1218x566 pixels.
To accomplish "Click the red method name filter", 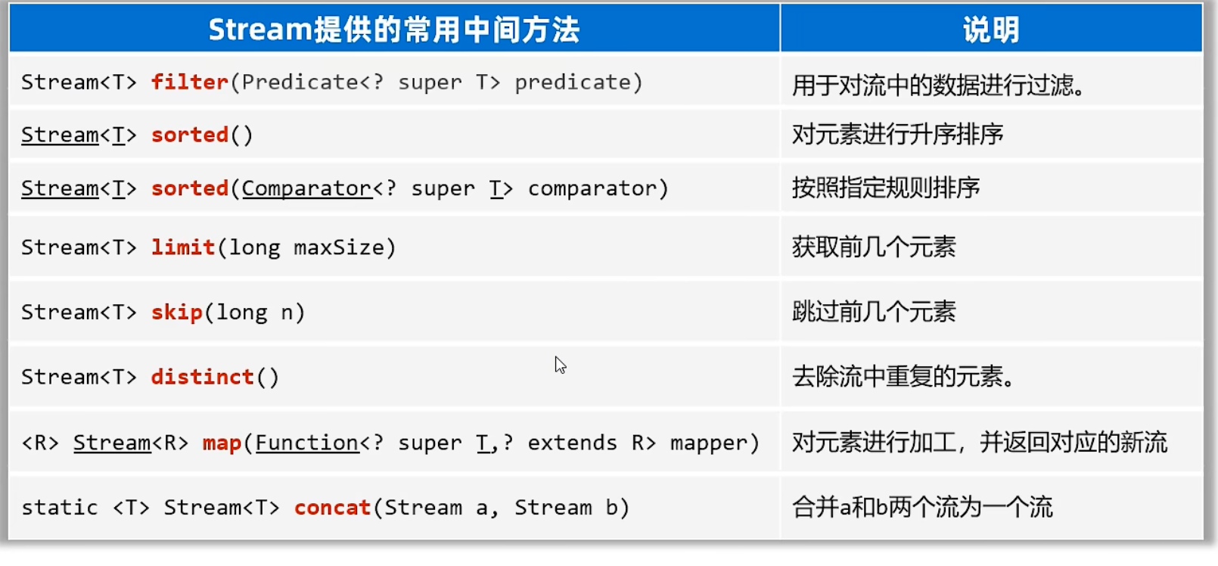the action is pyautogui.click(x=190, y=82).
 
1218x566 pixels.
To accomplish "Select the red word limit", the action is pyautogui.click(x=183, y=247).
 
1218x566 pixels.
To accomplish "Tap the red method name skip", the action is pyautogui.click(x=177, y=313).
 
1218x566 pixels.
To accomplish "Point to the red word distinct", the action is pyautogui.click(x=202, y=377).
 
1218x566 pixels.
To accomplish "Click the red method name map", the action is pyautogui.click(x=222, y=443).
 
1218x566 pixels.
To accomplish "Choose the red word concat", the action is pyautogui.click(x=333, y=508).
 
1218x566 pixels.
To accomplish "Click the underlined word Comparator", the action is pyautogui.click(x=307, y=188).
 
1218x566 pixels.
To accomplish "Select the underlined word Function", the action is pyautogui.click(x=307, y=443).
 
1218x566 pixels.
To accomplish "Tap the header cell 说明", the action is pyautogui.click(x=991, y=30).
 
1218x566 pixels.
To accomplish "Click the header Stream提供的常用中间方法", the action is pyautogui.click(x=394, y=30).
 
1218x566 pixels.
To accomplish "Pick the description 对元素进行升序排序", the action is pyautogui.click(x=898, y=134).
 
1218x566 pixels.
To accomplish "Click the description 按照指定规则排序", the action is pyautogui.click(x=886, y=188).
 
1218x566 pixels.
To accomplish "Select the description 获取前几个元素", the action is pyautogui.click(x=874, y=247).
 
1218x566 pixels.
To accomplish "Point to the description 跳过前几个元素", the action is pyautogui.click(x=874, y=312).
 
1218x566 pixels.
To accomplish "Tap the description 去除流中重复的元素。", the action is pyautogui.click(x=903, y=376).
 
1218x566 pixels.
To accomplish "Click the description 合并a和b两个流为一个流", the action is pyautogui.click(x=922, y=507).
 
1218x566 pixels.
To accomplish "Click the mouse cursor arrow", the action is pyautogui.click(x=560, y=365).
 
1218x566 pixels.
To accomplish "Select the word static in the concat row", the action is pyautogui.click(x=60, y=507).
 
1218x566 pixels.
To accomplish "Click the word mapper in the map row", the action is pyautogui.click(x=709, y=443).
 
